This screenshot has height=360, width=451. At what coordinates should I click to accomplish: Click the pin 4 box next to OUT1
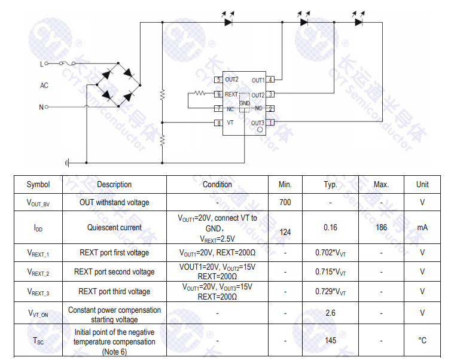pos(271,80)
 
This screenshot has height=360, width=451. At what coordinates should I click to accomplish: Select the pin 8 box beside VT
pos(219,123)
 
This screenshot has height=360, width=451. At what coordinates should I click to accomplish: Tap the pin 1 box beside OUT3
pos(271,123)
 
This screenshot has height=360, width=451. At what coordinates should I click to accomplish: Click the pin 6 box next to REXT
pos(219,94)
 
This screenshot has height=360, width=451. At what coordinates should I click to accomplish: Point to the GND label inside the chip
pos(245,103)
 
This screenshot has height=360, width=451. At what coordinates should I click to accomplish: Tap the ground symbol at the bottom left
pos(68,162)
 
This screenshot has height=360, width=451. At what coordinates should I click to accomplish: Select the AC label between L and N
pos(44,86)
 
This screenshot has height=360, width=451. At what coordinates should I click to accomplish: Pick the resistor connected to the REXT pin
pos(198,93)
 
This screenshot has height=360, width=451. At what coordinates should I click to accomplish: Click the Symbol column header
pos(38,184)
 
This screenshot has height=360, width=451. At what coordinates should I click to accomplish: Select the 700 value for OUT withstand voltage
pos(285,202)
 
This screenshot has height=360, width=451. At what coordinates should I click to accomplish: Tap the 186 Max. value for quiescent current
pos(381,227)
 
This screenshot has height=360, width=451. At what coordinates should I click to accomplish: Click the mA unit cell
pos(422,227)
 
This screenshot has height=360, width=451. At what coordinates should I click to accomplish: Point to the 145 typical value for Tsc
pos(330,340)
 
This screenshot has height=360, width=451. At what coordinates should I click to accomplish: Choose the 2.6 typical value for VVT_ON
pos(330,312)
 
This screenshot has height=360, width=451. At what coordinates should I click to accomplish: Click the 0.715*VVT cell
pos(330,272)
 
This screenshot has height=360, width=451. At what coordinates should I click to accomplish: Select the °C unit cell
pos(422,340)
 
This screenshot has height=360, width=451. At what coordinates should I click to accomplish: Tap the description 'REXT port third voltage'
pos(114,292)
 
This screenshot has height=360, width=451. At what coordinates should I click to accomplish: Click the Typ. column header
pos(330,184)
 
